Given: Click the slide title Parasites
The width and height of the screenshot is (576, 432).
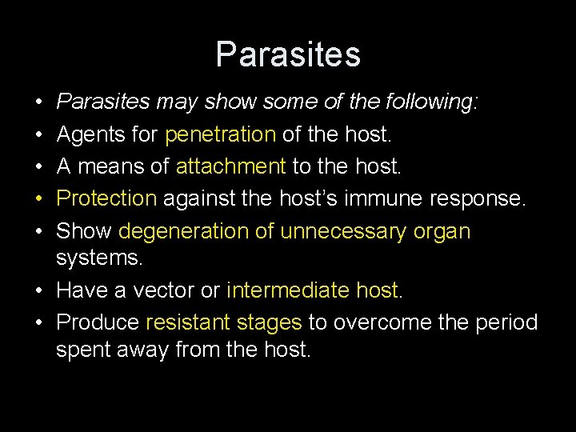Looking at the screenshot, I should tap(288, 54).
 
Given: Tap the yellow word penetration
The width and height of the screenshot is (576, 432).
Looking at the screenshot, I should tap(220, 134).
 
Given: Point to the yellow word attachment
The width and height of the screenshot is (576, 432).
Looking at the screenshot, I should tap(230, 166).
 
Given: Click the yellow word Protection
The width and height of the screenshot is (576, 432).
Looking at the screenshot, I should tap(106, 198).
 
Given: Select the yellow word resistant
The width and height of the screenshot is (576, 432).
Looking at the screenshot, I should tap(185, 322).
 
